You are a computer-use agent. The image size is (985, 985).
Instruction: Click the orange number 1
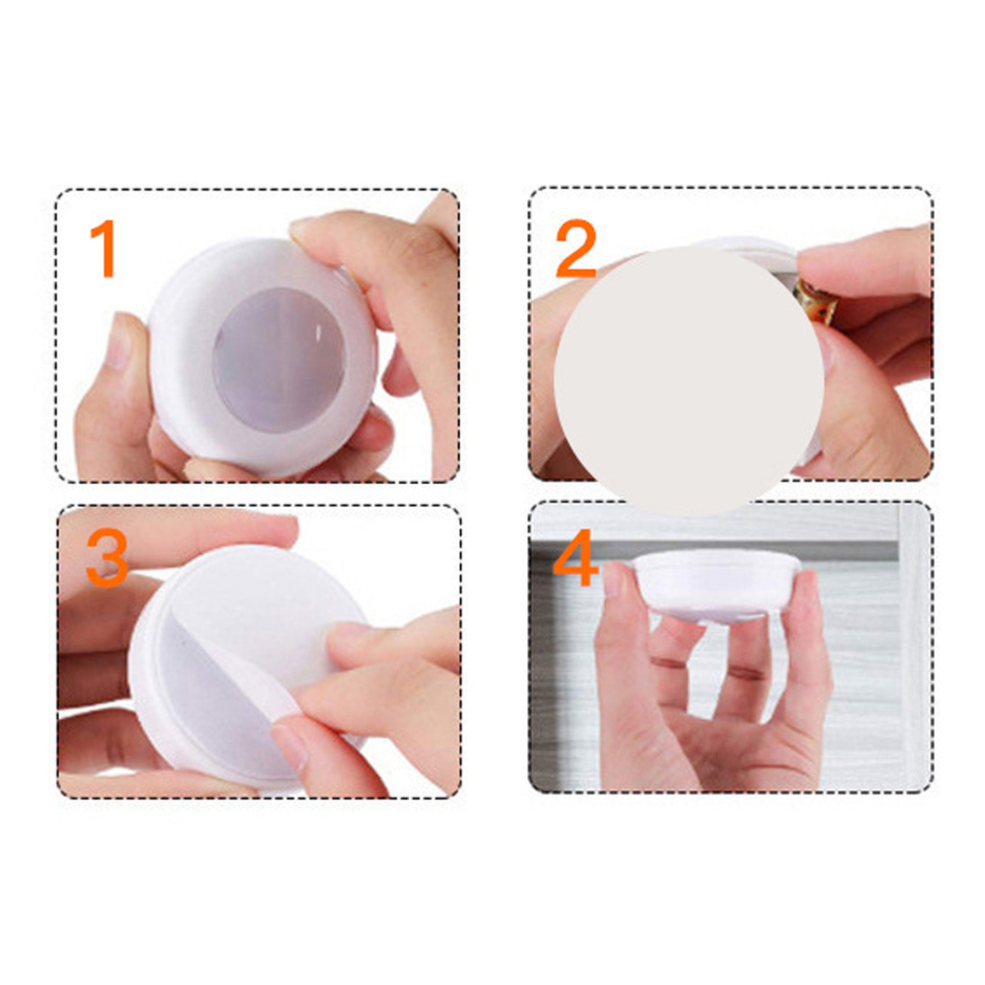(104, 249)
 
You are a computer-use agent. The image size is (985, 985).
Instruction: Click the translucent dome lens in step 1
(279, 350)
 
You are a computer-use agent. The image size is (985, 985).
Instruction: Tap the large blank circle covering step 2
(688, 381)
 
